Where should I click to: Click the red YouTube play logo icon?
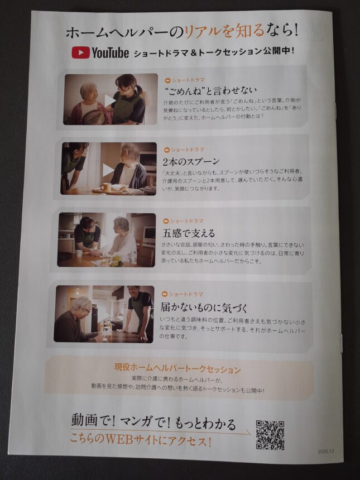coord(81,52)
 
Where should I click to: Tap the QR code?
coord(270,435)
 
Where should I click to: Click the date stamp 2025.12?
coord(327,452)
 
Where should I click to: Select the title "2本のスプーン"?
coord(191,161)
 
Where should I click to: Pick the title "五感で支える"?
coord(189,233)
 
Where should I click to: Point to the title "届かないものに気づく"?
coord(204,308)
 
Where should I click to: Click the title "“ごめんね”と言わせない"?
coord(210,90)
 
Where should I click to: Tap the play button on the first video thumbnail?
coord(109,100)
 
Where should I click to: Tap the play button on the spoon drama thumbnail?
coord(108,170)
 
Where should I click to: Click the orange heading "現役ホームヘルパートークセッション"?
coord(177,368)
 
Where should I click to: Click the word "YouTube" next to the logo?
coord(110,52)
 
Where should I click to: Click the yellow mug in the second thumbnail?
coord(106,187)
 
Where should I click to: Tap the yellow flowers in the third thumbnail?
coord(115,261)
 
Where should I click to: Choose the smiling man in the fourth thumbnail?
coord(140,311)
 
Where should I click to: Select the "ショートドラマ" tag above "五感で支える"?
coord(184,221)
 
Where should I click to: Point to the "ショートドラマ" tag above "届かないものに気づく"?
coord(183,294)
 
